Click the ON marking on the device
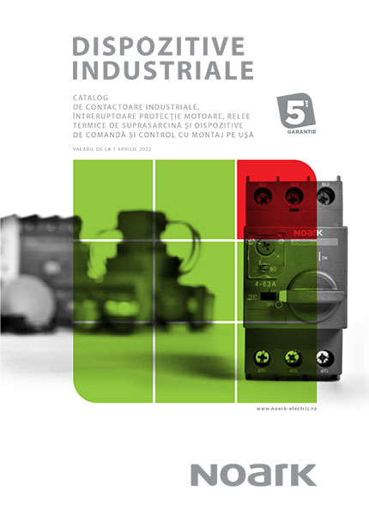(323, 256)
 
